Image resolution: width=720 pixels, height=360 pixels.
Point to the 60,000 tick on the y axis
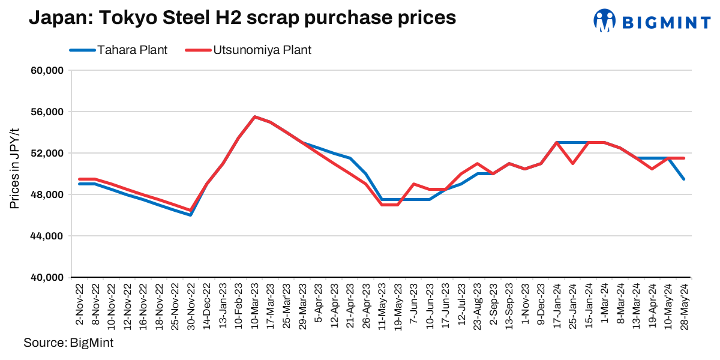pos(47,71)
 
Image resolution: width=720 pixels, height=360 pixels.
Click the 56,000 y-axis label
pos(47,112)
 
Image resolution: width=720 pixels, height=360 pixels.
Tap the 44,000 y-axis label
pos(47,236)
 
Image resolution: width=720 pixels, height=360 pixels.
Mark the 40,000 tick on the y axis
pos(47,278)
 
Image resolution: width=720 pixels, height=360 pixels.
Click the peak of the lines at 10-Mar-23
pos(254,117)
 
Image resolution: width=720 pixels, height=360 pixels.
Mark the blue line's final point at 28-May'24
pos(685,179)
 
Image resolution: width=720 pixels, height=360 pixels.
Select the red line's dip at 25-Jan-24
pos(573,163)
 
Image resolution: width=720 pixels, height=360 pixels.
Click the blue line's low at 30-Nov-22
pos(191,215)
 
